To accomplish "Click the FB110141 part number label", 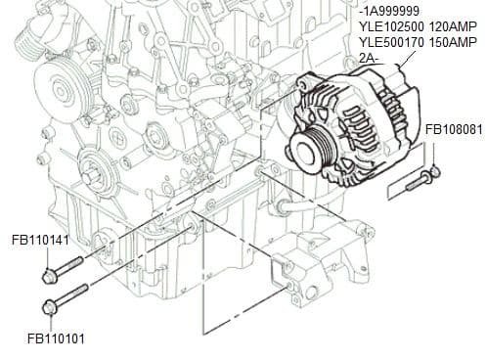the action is (40, 239).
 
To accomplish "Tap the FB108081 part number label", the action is (453, 129).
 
